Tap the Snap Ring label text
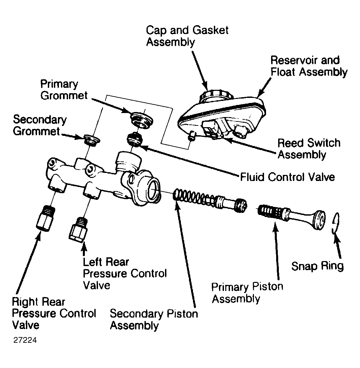click(318, 266)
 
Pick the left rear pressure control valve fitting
click(78, 230)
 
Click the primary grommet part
click(141, 120)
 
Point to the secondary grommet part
click(92, 140)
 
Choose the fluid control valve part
click(135, 139)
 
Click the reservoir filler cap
click(216, 96)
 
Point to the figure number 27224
click(25, 340)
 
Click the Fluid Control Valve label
click(287, 177)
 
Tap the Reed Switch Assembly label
click(309, 149)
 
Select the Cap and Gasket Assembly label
click(187, 36)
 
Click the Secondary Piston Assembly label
click(154, 320)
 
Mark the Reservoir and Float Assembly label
click(309, 66)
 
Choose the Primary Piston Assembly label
click(247, 292)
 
